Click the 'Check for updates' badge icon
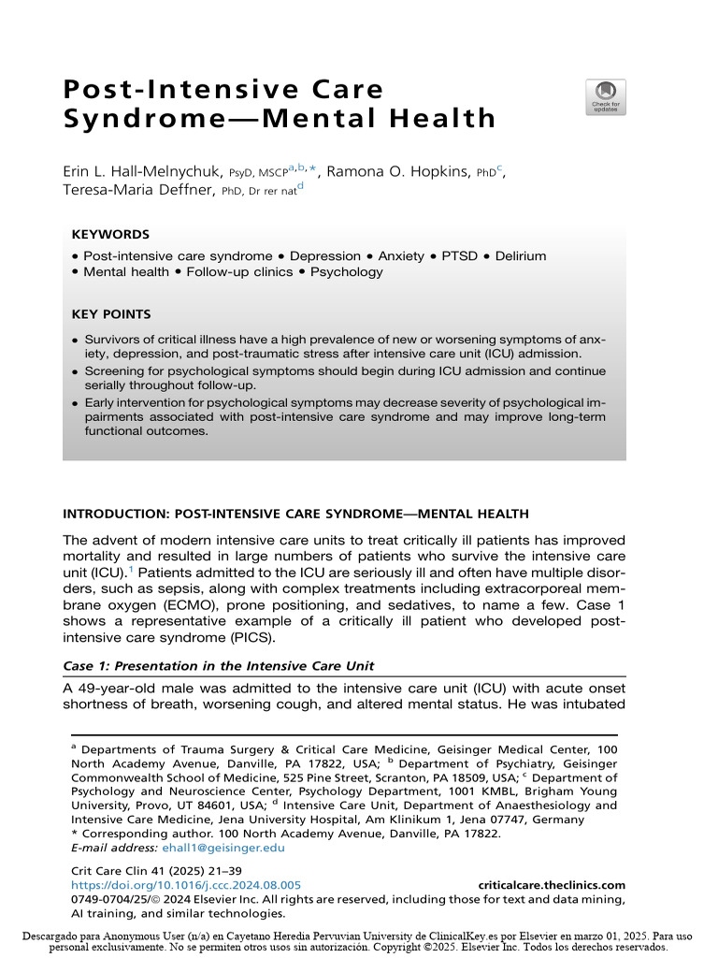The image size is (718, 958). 606,96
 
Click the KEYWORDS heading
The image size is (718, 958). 110,235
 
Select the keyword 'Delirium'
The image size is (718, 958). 521,255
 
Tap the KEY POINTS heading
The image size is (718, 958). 111,314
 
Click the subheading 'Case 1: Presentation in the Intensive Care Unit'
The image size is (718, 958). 218,666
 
